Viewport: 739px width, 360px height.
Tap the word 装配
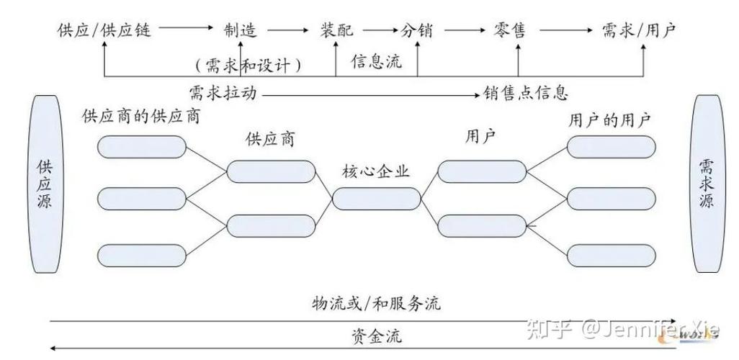pyautogui.click(x=336, y=30)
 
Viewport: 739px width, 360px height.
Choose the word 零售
pyautogui.click(x=510, y=30)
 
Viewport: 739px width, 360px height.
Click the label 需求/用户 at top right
pyautogui.click(x=639, y=30)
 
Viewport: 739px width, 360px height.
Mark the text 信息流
pyautogui.click(x=376, y=62)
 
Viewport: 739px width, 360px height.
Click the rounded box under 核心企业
pyautogui.click(x=376, y=198)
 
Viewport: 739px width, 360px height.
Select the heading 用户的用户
pyautogui.click(x=609, y=120)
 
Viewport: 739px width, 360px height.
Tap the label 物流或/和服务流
pyautogui.click(x=376, y=304)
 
